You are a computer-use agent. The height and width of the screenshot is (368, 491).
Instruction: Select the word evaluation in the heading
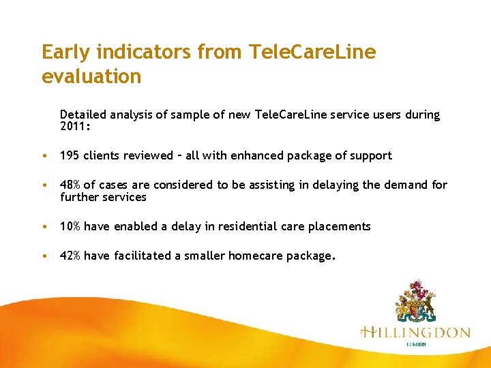91,76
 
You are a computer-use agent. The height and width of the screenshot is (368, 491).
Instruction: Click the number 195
70,155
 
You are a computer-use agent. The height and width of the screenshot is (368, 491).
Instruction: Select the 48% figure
70,185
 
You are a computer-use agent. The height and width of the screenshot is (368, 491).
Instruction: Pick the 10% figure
70,226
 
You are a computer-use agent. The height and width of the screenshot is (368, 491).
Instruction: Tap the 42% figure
70,256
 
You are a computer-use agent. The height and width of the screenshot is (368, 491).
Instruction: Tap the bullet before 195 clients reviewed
44,156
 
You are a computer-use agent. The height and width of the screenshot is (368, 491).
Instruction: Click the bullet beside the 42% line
44,256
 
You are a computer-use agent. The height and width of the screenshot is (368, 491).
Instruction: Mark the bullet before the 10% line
44,227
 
